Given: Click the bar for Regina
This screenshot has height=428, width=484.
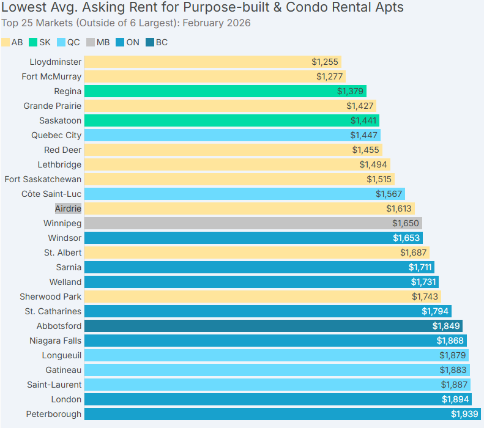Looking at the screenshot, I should coord(225,91).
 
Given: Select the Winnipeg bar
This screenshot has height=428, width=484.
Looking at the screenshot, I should coord(253,223).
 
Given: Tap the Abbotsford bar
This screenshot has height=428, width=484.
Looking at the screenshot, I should coord(273,326).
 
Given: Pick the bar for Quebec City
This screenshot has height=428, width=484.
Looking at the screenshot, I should coord(232,135).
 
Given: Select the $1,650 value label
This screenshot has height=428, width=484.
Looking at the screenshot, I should coord(405,223).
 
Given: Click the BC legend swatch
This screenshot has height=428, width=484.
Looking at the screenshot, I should coord(149,43).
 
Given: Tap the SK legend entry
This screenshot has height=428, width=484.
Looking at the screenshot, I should coord(39,43).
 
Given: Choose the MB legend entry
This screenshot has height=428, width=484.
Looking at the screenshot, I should coord(97,43).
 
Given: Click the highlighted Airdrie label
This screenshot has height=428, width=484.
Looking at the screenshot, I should coord(68,208).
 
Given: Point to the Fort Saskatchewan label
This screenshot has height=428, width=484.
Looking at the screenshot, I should coord(43,179).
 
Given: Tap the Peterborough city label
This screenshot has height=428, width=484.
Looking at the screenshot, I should coord(53,414).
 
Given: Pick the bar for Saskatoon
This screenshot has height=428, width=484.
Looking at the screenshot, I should coord(231,120).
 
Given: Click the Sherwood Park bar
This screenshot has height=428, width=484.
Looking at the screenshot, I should coord(262,297).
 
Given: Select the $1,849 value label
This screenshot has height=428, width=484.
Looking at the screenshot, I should coord(445,326).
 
